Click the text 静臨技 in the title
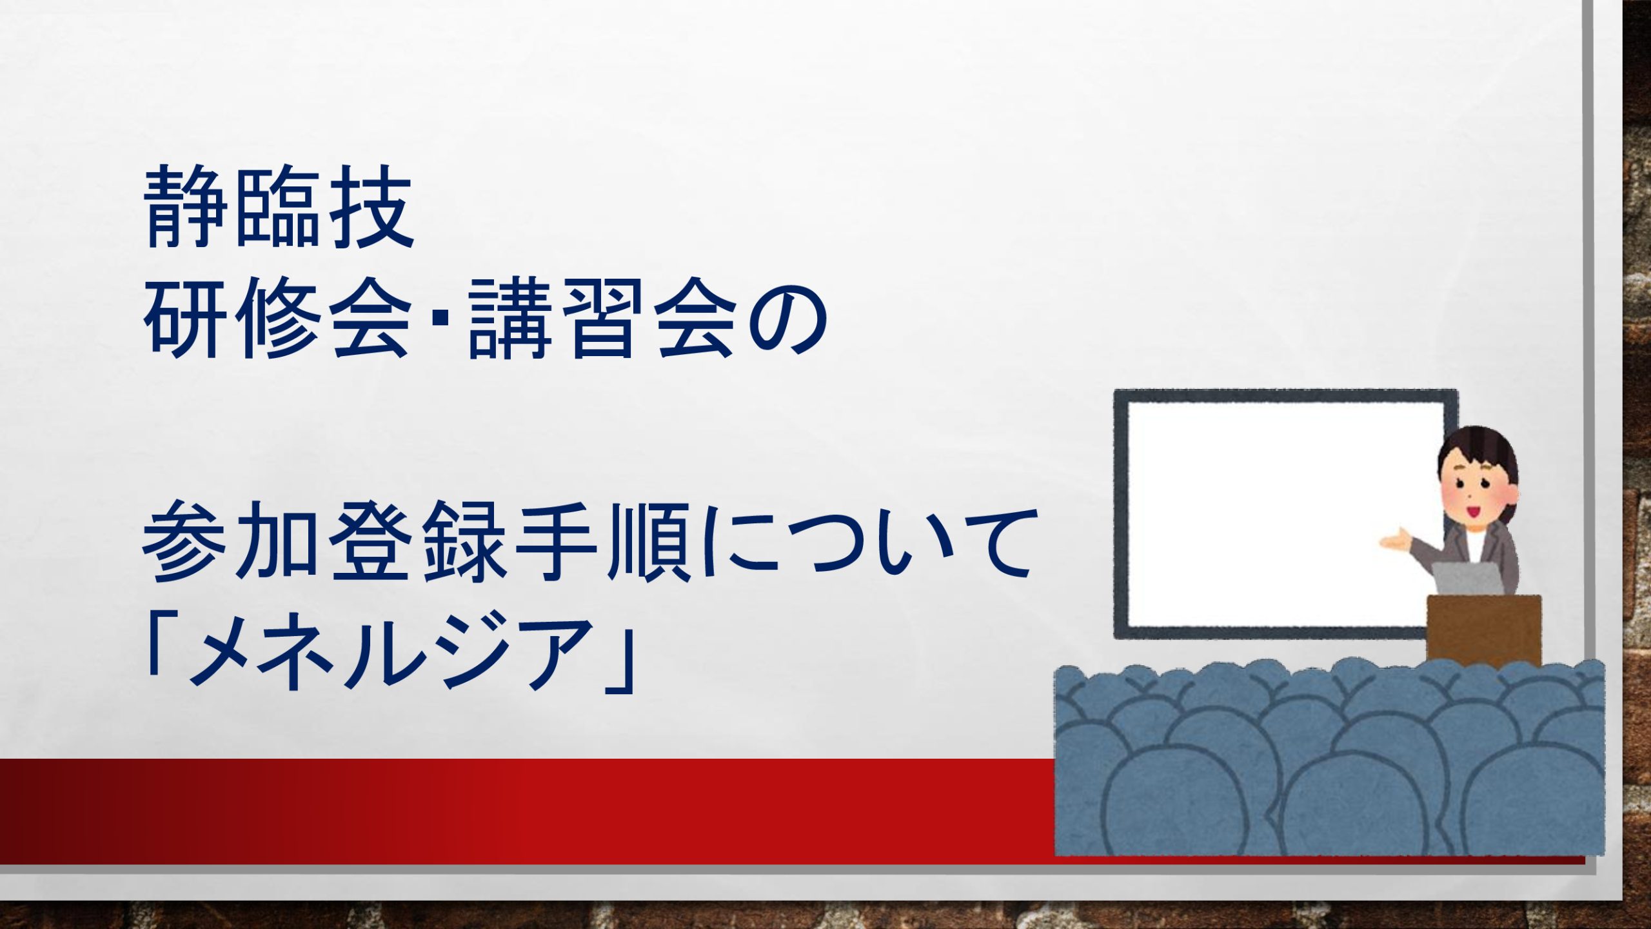(279, 206)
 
